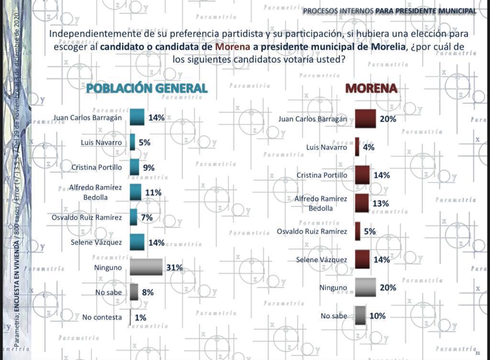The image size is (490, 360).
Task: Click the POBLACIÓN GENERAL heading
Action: [x=146, y=88]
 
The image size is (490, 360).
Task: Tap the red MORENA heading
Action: [x=371, y=88]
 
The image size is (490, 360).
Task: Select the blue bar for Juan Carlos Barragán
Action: [x=137, y=117]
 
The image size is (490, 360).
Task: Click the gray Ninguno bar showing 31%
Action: [x=146, y=267]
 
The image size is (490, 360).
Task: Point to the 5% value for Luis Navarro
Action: [x=145, y=143]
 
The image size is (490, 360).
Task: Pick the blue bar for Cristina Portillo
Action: [x=134, y=168]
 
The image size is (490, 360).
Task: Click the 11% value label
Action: [x=153, y=192]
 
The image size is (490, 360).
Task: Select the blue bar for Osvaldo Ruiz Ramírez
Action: [x=134, y=217]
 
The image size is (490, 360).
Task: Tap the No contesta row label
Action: [x=102, y=317]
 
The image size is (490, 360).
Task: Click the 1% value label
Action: [x=140, y=317]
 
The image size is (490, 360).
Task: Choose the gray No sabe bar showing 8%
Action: [x=134, y=292]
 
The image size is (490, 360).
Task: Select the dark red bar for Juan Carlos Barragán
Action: [x=365, y=119]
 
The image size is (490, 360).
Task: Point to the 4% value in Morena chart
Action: [x=368, y=147]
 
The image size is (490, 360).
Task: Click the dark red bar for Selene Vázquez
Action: [x=362, y=259]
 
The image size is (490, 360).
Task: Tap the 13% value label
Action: [x=380, y=203]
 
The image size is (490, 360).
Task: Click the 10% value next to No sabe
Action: [x=377, y=316]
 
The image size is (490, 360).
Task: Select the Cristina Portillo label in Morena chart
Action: [x=322, y=175]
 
